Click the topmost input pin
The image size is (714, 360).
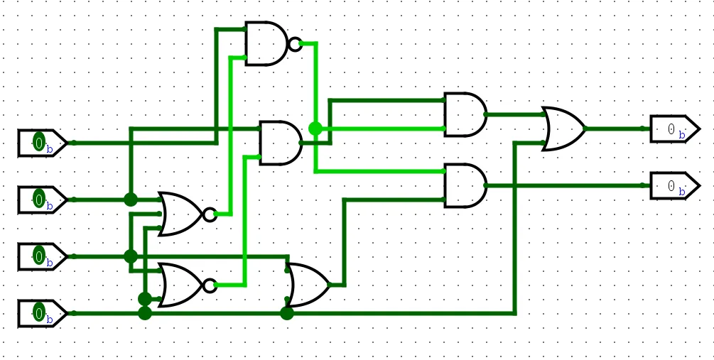pos(41,143)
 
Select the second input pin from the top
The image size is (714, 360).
pos(41,200)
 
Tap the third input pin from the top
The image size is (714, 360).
pos(41,256)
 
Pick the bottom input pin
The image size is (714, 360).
pos(41,313)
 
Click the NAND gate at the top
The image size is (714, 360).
pos(266,43)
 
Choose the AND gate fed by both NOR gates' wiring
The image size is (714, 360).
pos(280,143)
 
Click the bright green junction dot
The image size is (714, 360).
pos(315,129)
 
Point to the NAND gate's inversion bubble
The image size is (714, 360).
pos(295,43)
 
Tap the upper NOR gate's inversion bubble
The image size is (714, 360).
pos(210,214)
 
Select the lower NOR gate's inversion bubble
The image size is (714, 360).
pos(210,285)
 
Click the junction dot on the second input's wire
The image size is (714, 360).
pos(131,200)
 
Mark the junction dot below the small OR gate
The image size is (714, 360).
pos(287,313)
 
